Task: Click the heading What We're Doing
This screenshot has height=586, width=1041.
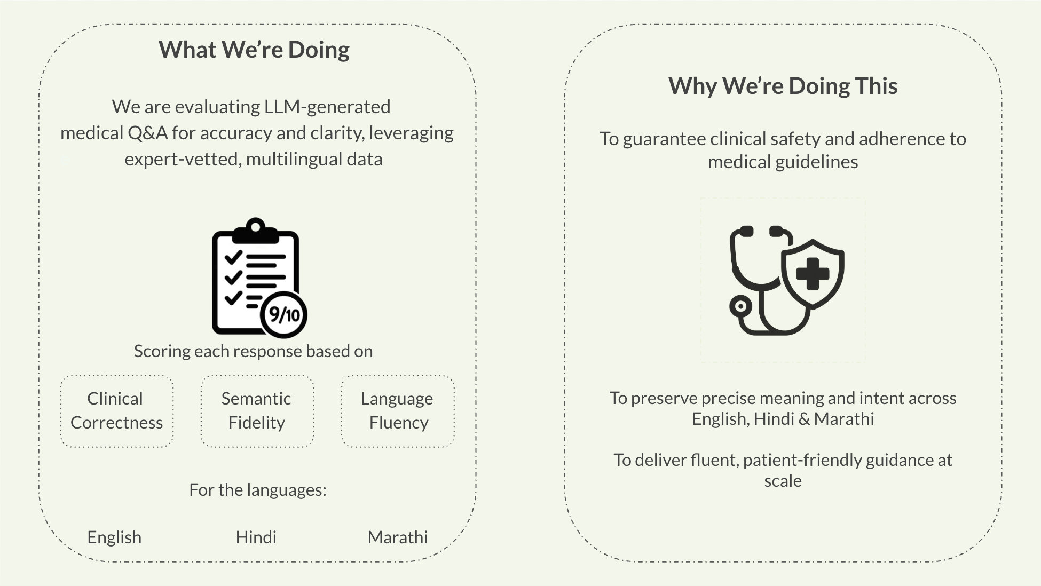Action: click(254, 50)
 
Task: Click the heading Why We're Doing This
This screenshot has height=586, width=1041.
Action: click(783, 86)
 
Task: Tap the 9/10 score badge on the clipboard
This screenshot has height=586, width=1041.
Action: click(284, 315)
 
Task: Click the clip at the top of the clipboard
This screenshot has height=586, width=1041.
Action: click(255, 229)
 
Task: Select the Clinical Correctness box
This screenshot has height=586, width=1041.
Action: click(117, 411)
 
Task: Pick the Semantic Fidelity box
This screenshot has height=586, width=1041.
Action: click(257, 411)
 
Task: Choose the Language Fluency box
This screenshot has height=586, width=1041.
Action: click(398, 411)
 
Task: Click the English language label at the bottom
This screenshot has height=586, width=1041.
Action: click(114, 537)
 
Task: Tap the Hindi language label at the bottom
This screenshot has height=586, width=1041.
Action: click(256, 537)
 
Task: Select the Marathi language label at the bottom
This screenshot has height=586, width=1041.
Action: click(398, 537)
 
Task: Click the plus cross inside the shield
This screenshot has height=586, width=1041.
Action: click(813, 274)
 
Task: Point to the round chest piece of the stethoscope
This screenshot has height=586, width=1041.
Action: click(740, 307)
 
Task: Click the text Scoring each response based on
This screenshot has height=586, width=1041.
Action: click(253, 351)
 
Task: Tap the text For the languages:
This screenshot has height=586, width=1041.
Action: click(258, 490)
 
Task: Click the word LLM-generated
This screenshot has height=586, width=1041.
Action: click(327, 107)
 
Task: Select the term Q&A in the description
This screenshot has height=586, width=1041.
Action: click(147, 133)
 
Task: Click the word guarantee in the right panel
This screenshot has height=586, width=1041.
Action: click(664, 139)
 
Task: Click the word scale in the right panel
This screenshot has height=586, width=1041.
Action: click(783, 481)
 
